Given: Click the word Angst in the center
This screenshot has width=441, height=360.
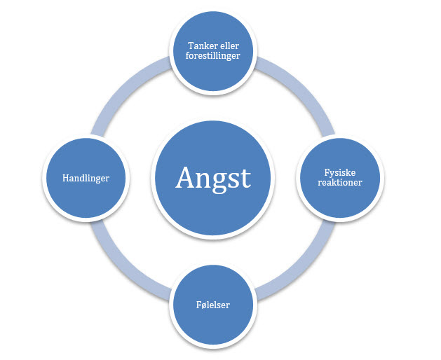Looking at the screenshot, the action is [213, 179].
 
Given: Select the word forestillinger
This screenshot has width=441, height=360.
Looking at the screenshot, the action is [212, 55].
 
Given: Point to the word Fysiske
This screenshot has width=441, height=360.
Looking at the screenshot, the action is [340, 172].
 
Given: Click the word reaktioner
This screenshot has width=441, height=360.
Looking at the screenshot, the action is [340, 182].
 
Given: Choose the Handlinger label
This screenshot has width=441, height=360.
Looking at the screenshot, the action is [86, 178].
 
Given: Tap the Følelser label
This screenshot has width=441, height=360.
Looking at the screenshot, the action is [213, 305].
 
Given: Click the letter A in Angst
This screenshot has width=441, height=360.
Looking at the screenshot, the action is [186, 177].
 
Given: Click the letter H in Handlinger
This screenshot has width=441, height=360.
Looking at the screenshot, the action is [66, 178].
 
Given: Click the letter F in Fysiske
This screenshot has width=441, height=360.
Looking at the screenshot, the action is [327, 172].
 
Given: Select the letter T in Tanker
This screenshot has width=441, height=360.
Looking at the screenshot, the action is [191, 46].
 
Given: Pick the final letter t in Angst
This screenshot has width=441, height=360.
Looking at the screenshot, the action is [245, 179].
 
